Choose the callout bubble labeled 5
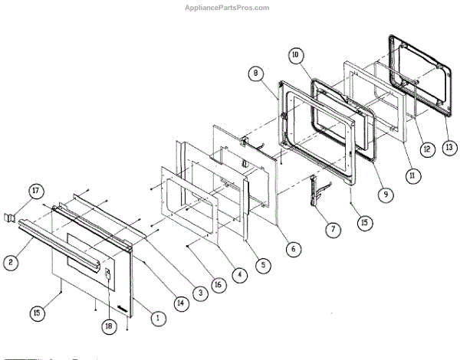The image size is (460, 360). point(264,266)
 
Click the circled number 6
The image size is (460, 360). point(291,248)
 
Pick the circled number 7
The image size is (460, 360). point(332,228)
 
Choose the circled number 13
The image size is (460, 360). point(448,146)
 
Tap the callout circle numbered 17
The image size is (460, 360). point(34,191)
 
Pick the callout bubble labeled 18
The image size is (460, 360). point(110,326)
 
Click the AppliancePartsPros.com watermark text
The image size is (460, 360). point(229,7)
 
